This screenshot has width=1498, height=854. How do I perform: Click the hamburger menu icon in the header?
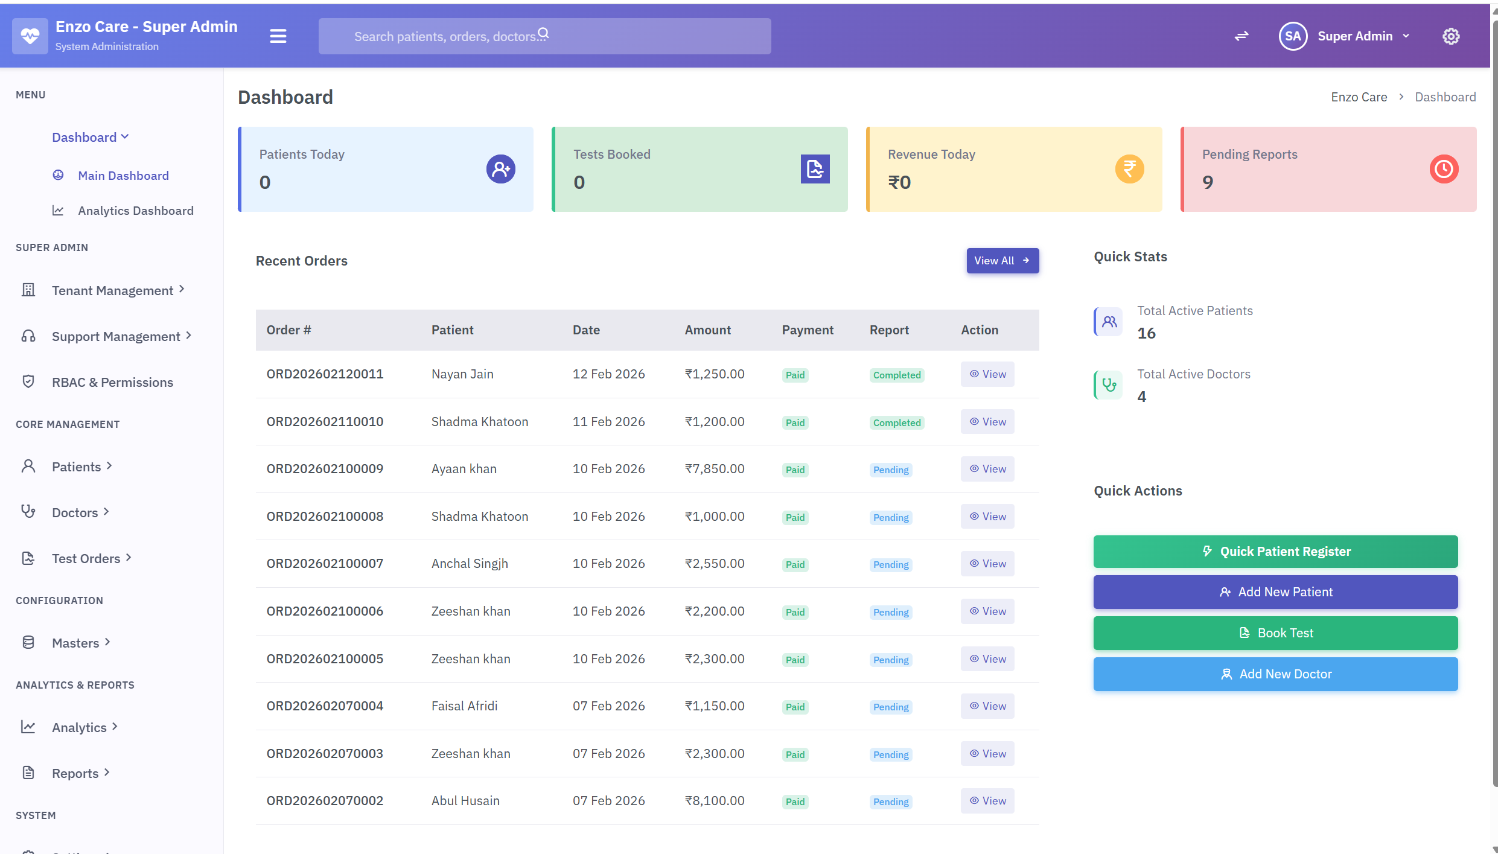(278, 36)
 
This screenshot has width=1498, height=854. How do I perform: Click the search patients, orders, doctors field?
(543, 36)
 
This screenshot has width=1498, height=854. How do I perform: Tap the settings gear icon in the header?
(1451, 36)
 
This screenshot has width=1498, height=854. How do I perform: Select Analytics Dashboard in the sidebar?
(135, 211)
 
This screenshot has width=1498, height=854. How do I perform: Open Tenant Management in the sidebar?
(112, 290)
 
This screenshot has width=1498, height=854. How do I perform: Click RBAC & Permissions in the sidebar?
(112, 382)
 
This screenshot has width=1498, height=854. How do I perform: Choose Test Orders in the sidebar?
(86, 558)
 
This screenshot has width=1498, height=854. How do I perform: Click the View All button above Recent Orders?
(1002, 261)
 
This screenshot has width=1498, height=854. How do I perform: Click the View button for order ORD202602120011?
(987, 374)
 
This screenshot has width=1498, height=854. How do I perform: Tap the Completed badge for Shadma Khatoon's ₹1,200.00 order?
(897, 422)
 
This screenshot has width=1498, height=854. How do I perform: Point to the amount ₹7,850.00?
(715, 469)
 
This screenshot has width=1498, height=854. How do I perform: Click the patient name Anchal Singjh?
(470, 564)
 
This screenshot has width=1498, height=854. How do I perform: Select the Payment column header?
(808, 330)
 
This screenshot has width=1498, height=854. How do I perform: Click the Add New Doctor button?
(1275, 674)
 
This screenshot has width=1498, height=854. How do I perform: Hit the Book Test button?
(1275, 633)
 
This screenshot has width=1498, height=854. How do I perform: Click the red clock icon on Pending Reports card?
(1444, 169)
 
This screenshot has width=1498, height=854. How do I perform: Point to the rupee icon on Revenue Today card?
(1129, 169)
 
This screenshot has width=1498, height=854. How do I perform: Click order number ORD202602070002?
(325, 801)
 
